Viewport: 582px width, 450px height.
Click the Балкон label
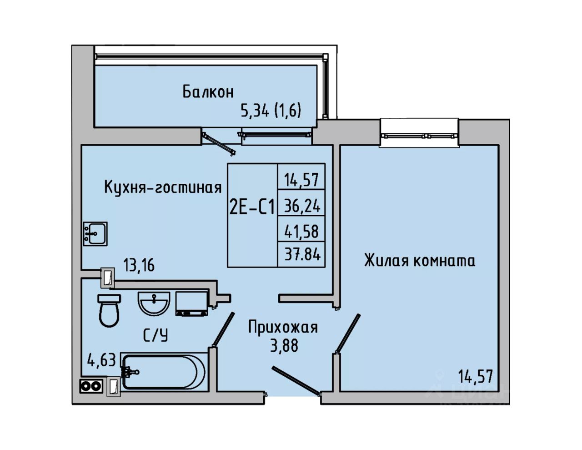208,92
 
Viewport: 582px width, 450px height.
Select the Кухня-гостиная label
163,187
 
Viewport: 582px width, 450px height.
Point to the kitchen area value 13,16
139,265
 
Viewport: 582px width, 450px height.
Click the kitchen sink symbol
95,234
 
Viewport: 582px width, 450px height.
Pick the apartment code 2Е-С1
252,208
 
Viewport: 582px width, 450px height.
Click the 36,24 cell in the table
302,207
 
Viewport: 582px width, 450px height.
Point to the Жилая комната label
420,261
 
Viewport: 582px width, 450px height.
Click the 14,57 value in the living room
476,376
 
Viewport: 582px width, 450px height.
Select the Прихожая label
283,328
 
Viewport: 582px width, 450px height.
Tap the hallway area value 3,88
284,346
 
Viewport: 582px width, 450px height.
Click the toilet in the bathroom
109,310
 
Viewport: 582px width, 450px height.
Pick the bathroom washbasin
154,304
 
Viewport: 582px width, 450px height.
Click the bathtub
164,372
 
